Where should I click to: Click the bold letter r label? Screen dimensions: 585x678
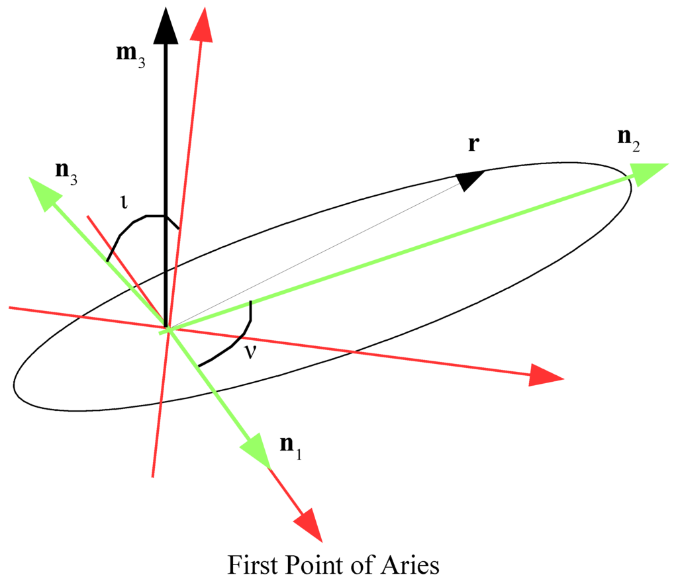[x=473, y=144]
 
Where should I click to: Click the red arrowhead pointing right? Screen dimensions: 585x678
[x=546, y=376]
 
